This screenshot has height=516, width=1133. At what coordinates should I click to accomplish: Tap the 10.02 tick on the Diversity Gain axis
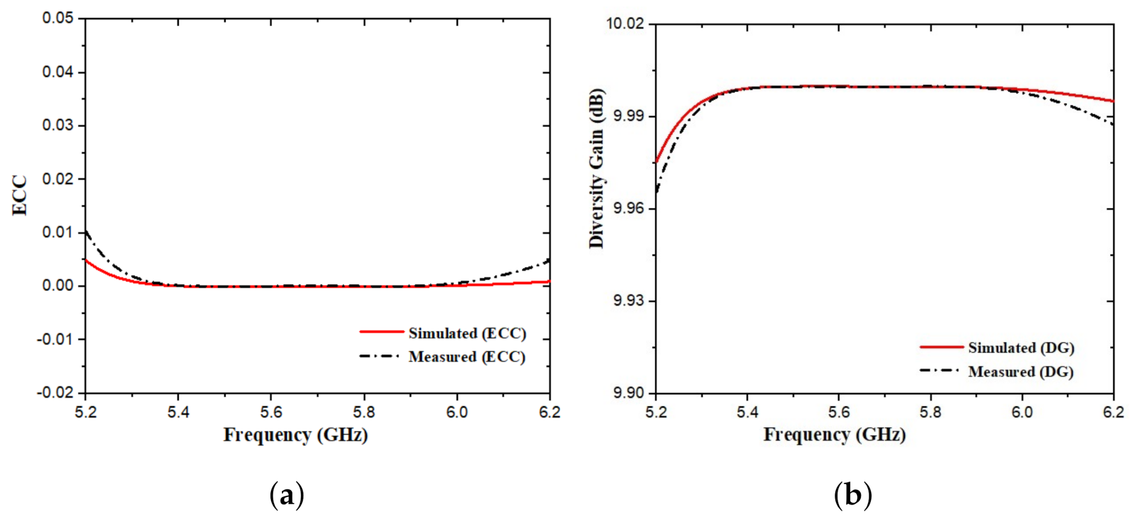pyautogui.click(x=624, y=24)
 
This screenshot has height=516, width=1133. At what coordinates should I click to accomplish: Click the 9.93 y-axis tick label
pyautogui.click(x=628, y=301)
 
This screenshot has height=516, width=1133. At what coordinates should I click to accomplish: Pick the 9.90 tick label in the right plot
pyautogui.click(x=628, y=393)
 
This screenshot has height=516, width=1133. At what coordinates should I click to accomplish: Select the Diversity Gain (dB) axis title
pyautogui.click(x=597, y=168)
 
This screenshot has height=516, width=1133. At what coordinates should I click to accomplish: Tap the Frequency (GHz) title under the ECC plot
pyautogui.click(x=295, y=435)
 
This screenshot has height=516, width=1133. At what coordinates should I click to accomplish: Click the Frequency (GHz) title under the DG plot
pyautogui.click(x=834, y=435)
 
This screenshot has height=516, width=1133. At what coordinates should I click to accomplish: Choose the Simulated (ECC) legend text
pyautogui.click(x=467, y=334)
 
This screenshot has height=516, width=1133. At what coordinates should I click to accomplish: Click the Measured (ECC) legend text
pyautogui.click(x=466, y=357)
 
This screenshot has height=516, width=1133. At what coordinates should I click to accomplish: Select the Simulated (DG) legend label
pyautogui.click(x=1021, y=348)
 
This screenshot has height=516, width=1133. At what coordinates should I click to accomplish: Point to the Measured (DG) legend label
pyautogui.click(x=1020, y=372)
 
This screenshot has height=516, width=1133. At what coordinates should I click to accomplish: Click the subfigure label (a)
pyautogui.click(x=287, y=495)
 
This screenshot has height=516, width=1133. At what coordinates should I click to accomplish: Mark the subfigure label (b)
pyautogui.click(x=853, y=495)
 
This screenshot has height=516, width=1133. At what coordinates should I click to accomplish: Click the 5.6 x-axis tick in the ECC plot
pyautogui.click(x=271, y=412)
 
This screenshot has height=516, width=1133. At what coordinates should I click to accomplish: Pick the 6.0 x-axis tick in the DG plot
pyautogui.click(x=1021, y=412)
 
